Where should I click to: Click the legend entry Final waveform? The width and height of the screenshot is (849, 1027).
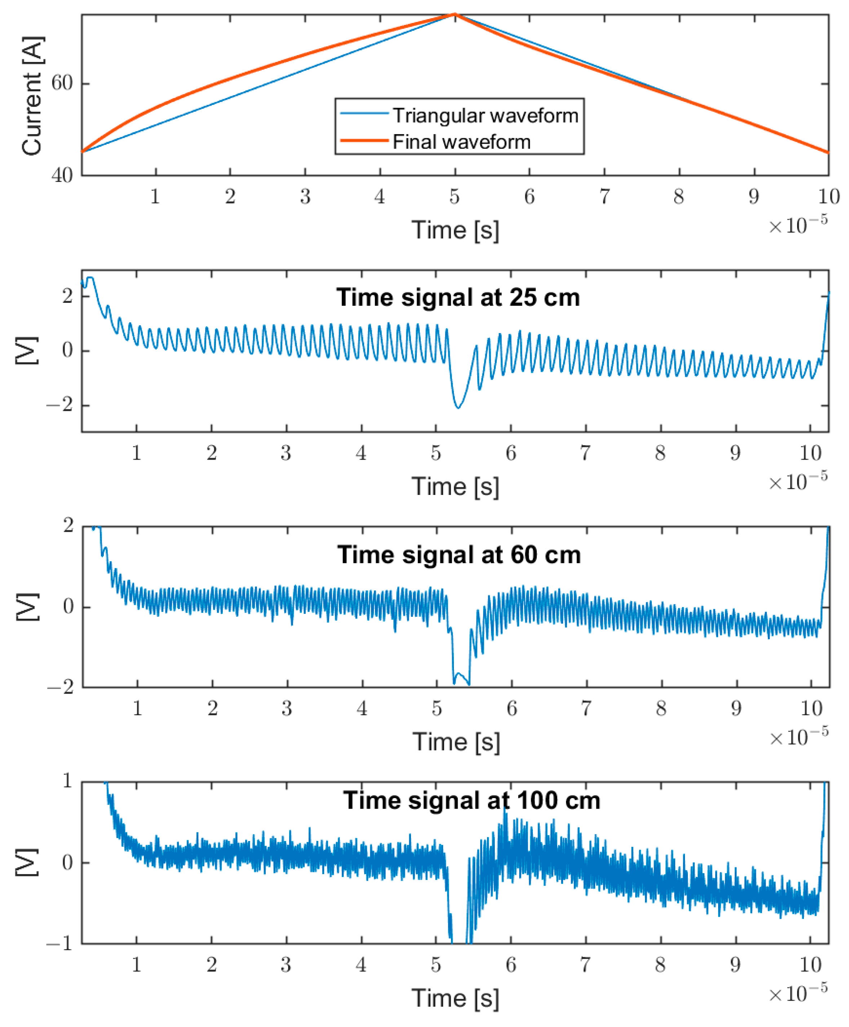click(461, 142)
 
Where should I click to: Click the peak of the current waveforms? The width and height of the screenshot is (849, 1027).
click(455, 15)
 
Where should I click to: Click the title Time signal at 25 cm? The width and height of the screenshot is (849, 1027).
click(458, 297)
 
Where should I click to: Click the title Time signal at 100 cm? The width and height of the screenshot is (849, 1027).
click(472, 800)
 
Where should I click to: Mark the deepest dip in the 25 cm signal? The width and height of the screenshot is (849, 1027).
click(458, 408)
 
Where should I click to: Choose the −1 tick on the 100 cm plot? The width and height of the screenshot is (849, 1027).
click(59, 943)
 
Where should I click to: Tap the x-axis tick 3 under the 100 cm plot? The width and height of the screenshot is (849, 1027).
click(286, 964)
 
